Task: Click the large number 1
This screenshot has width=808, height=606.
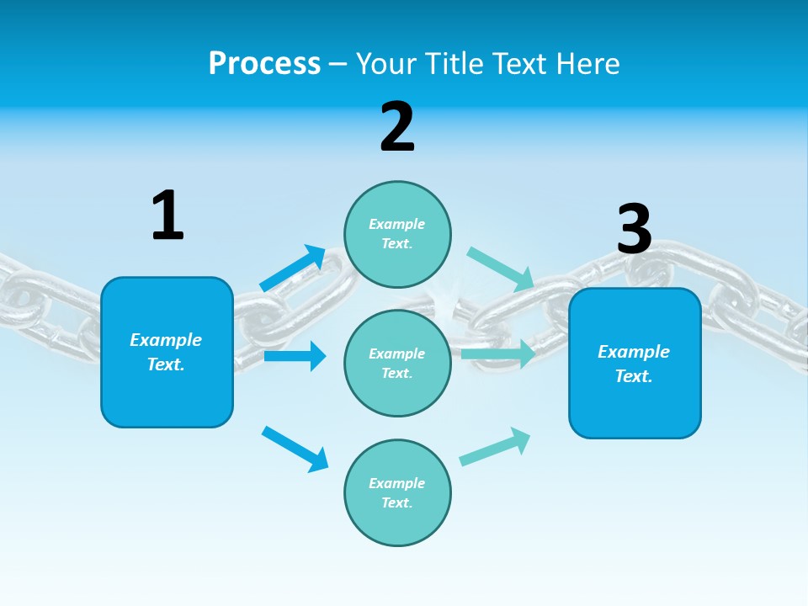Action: click(x=167, y=215)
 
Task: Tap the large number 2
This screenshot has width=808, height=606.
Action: click(x=397, y=127)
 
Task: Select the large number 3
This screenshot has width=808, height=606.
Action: click(x=634, y=229)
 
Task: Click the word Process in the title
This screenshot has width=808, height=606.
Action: click(x=264, y=64)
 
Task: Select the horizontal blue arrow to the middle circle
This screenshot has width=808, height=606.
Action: click(x=295, y=356)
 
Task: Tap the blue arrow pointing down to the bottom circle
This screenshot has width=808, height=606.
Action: click(x=295, y=449)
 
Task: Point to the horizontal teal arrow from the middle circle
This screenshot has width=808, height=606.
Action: click(x=497, y=353)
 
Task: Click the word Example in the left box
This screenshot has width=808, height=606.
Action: click(x=166, y=340)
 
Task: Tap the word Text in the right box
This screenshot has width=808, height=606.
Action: click(x=633, y=376)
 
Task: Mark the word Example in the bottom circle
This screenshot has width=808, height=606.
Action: click(x=397, y=483)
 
